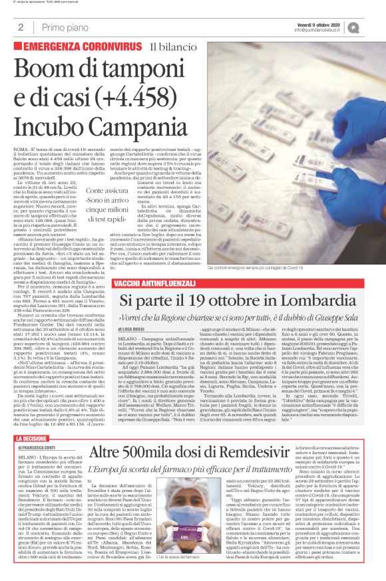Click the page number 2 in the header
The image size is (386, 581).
click(x=21, y=27)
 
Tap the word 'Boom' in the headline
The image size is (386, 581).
click(x=53, y=67)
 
